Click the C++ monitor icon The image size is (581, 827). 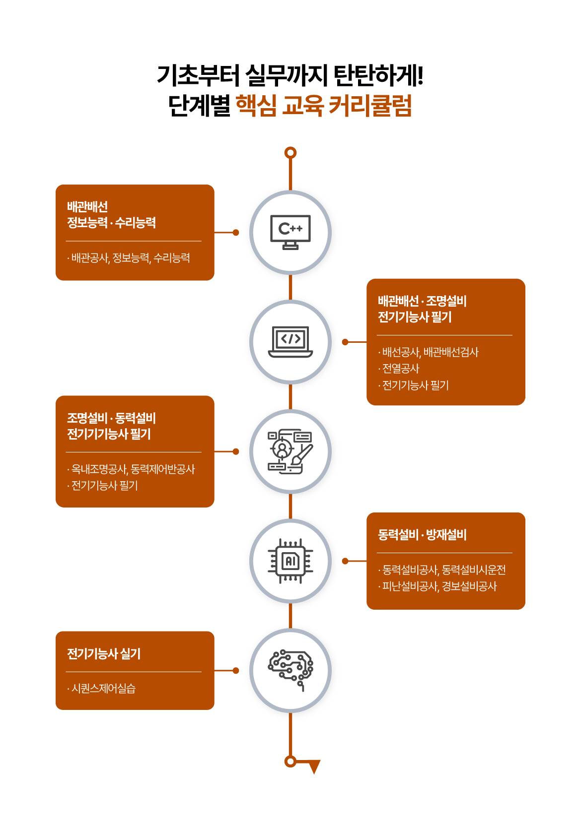(290, 232)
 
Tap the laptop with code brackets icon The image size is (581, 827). (290, 342)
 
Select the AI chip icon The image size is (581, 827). (290, 561)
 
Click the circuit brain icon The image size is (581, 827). (290, 670)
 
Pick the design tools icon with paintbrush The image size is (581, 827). (290, 451)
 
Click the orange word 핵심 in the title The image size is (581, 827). (255, 106)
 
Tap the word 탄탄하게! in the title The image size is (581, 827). (378, 75)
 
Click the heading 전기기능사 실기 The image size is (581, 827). (104, 653)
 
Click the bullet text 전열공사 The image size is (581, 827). (400, 369)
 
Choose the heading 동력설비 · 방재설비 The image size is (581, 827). (422, 535)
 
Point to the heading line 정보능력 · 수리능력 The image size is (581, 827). (111, 223)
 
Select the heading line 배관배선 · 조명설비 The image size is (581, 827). (422, 301)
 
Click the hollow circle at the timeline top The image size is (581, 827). (290, 152)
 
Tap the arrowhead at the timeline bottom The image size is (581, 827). (314, 766)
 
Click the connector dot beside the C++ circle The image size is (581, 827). (236, 232)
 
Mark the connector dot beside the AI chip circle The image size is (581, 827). (345, 561)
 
